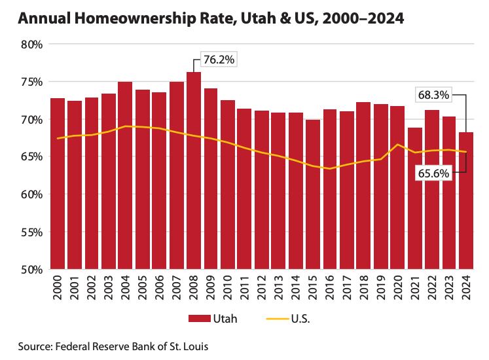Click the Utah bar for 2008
pyautogui.click(x=194, y=170)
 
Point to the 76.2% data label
pyautogui.click(x=219, y=60)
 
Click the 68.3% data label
pyautogui.click(x=433, y=95)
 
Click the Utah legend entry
pyautogui.click(x=209, y=318)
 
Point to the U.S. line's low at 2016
pyautogui.click(x=330, y=168)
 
